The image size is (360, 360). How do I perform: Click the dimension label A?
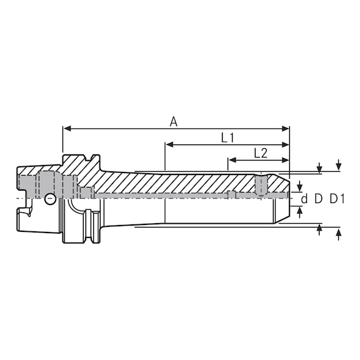[174, 122]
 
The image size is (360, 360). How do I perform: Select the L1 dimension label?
[227, 138]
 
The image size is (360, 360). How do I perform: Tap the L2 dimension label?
[261, 152]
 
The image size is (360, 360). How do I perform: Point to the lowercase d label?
[304, 199]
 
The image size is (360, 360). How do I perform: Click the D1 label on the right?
[337, 199]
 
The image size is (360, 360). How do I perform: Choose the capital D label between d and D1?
[318, 199]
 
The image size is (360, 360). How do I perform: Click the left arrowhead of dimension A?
[67, 129]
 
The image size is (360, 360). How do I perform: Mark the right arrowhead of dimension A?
[286, 129]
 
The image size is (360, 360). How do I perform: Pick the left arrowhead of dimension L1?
[169, 145]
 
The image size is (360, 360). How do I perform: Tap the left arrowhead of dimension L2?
[231, 160]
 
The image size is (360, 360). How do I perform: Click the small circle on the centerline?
[49, 199]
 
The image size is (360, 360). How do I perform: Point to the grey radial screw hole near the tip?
[261, 184]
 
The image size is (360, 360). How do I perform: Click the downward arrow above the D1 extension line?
[338, 165]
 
